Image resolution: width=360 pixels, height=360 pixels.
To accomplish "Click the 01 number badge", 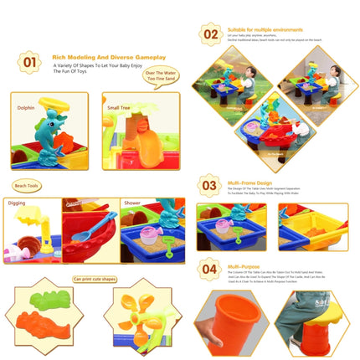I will click(x=29, y=62).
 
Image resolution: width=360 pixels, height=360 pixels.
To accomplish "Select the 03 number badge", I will click(x=209, y=185).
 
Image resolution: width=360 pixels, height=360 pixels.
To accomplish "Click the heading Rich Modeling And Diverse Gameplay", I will click(x=109, y=57).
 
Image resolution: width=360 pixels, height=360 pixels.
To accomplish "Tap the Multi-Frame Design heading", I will click(x=249, y=182).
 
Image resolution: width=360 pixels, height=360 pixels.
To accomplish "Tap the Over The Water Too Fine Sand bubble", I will click(x=161, y=78).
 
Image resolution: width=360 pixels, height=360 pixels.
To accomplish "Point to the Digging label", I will click(x=18, y=203).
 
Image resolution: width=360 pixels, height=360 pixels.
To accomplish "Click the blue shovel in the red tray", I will click(x=91, y=226).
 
